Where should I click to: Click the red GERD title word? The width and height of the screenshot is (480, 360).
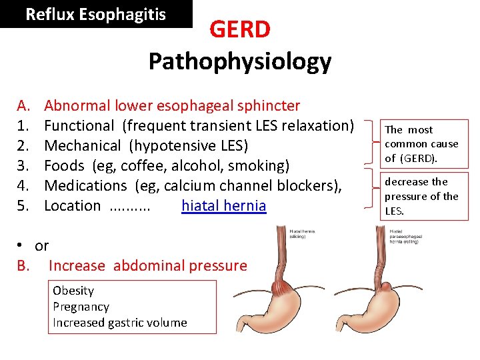point(240,30)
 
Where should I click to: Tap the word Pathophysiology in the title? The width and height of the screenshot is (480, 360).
point(240,61)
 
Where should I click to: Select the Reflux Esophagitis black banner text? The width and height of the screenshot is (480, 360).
point(95,15)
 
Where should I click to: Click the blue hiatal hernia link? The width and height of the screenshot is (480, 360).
point(223,206)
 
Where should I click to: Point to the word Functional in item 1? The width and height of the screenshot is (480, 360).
point(79,126)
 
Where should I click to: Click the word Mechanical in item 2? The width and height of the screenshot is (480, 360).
point(82,146)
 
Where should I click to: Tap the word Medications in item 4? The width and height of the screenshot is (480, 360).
point(85,186)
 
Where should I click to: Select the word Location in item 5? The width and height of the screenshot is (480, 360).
point(72,206)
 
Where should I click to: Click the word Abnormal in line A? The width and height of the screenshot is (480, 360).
point(77,106)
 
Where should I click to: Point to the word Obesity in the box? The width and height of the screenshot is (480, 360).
point(73,291)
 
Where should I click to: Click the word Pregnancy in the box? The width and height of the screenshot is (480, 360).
point(81,307)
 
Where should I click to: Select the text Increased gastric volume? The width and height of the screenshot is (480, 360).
point(120,323)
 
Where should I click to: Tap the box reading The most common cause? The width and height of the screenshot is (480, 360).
point(421,143)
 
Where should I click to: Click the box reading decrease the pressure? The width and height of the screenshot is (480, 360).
point(421,196)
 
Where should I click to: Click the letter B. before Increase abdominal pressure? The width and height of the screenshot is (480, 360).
point(23,266)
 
